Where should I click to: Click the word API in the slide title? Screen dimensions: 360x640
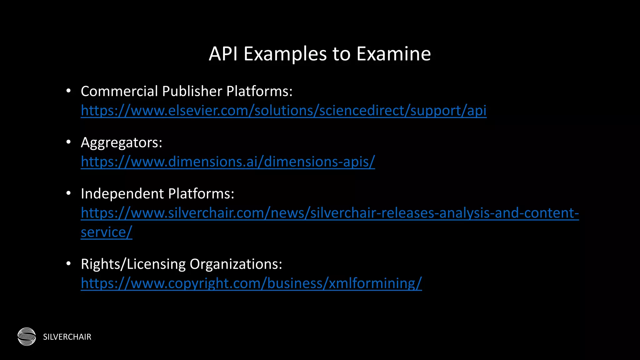[223, 54]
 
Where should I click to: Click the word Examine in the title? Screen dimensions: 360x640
[393, 54]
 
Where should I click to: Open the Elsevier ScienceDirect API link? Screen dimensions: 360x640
[283, 111]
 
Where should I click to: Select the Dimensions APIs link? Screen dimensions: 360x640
[228, 162]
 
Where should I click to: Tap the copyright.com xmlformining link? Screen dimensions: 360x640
[251, 283]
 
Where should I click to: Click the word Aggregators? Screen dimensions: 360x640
[121, 143]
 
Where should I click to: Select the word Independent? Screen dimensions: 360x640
[122, 194]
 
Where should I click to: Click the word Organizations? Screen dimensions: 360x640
[236, 264]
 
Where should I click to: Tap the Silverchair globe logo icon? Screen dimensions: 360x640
[27, 337]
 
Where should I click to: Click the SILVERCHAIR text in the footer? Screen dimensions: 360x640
[67, 337]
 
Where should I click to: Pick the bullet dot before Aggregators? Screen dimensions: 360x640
[69, 142]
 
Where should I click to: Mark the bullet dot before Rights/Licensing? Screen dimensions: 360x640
[69, 264]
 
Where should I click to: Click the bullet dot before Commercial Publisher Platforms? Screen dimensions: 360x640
[69, 91]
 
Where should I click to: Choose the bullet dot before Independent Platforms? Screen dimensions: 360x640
[69, 193]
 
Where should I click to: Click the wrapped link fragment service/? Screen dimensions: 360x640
[106, 232]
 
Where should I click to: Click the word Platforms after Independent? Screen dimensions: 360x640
[201, 194]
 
